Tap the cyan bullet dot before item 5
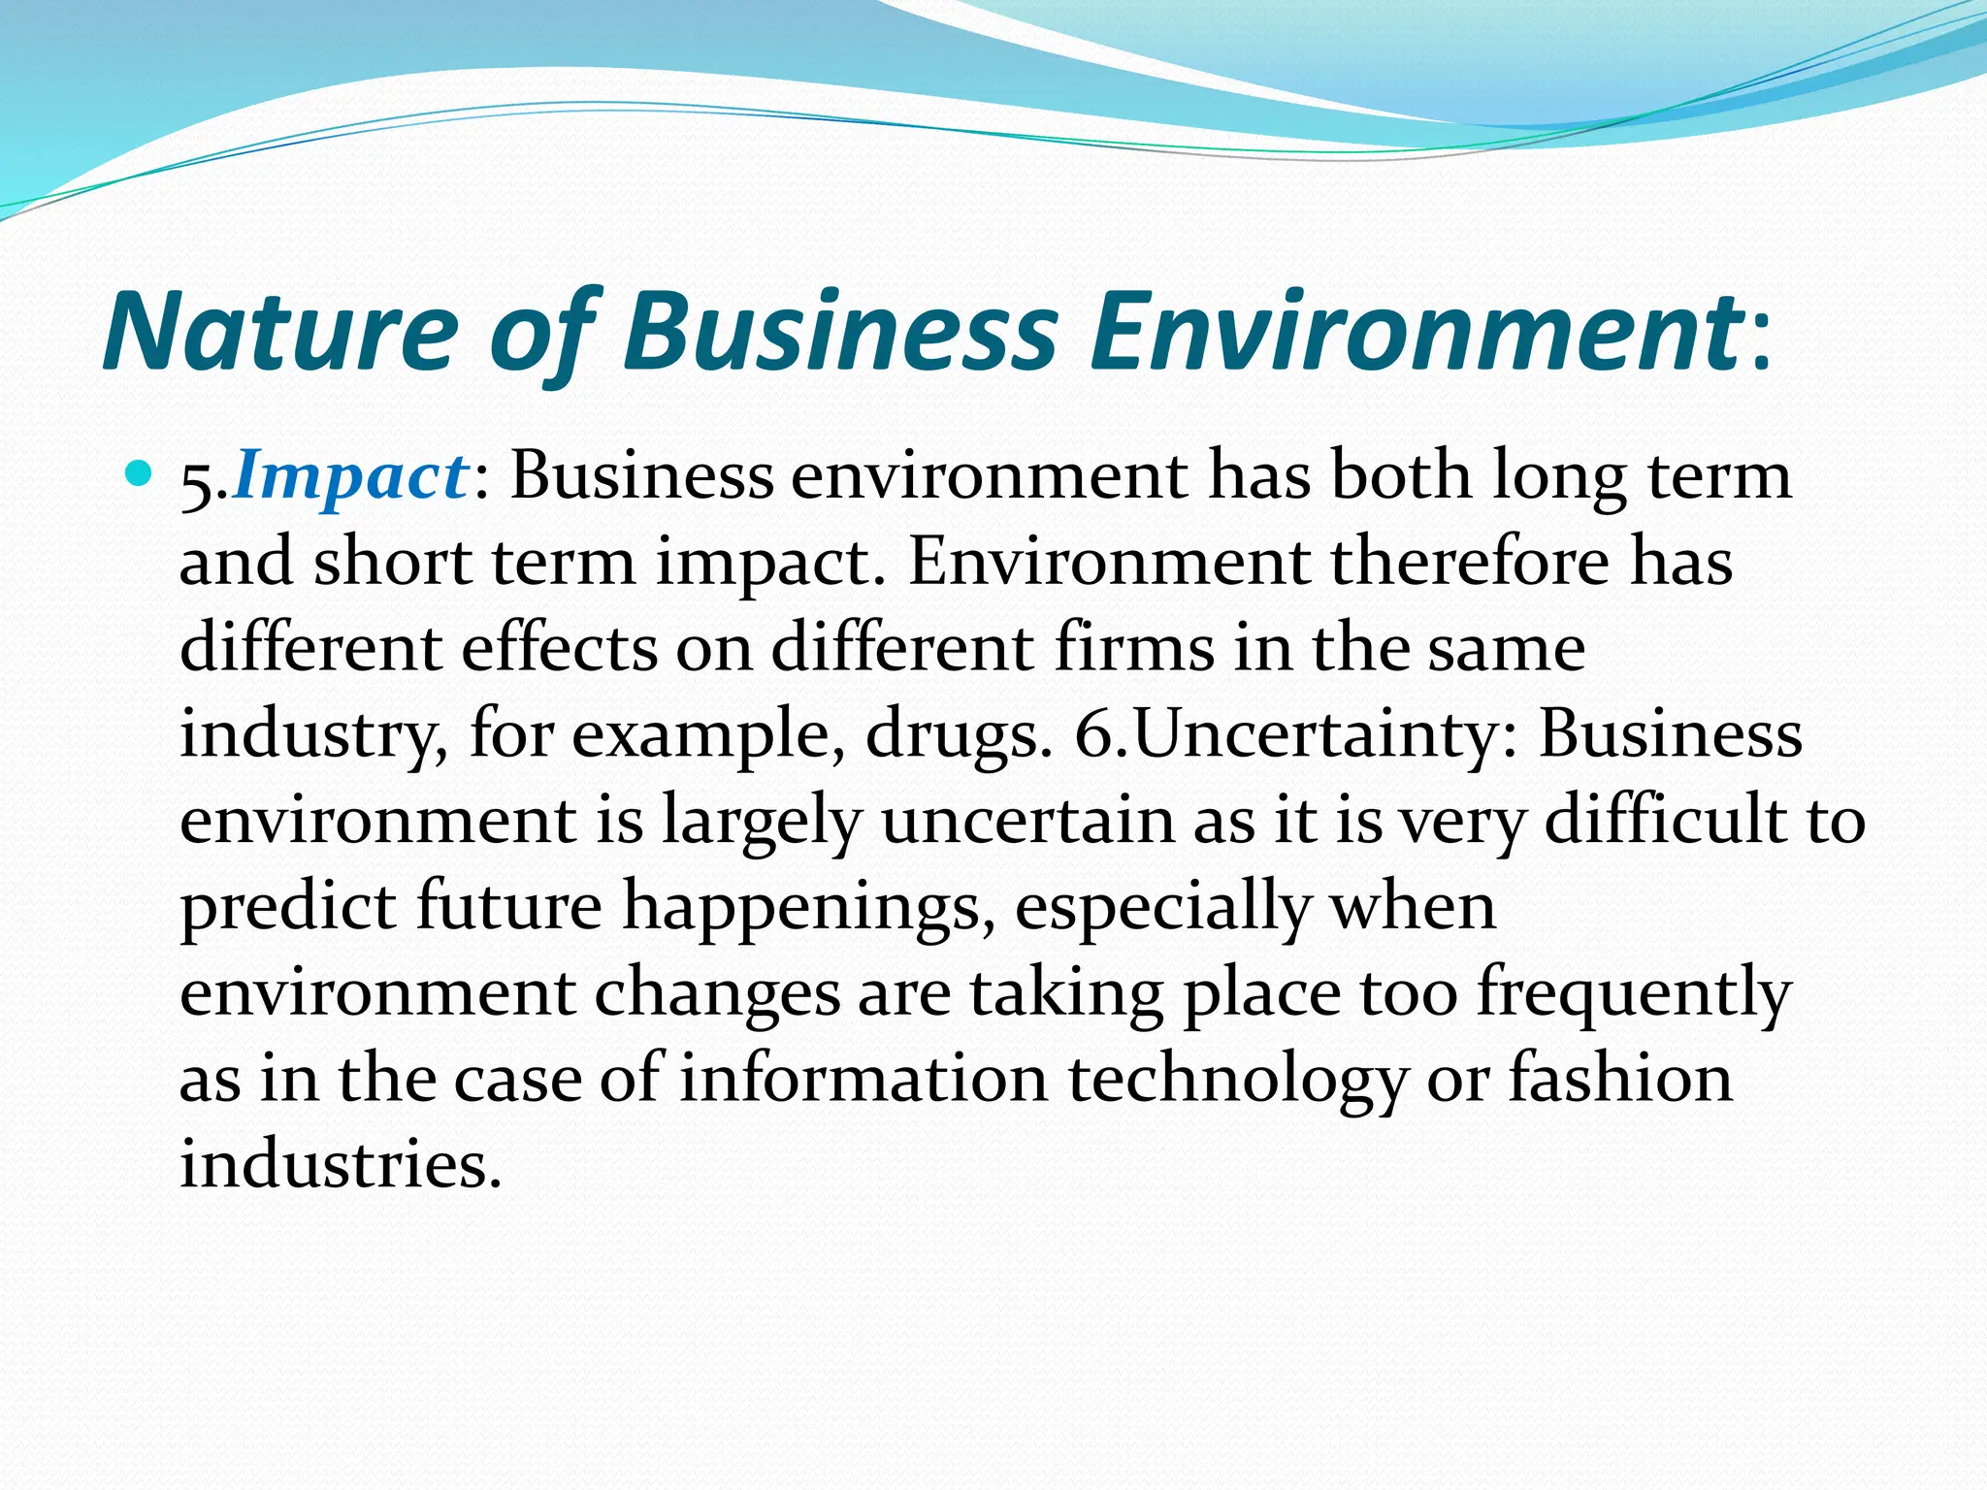(x=141, y=476)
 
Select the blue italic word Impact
(x=350, y=476)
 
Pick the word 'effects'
(x=559, y=647)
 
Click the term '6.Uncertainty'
(x=1295, y=734)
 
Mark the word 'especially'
(x=1162, y=906)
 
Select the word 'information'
(x=863, y=1078)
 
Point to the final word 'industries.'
(x=341, y=1163)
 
